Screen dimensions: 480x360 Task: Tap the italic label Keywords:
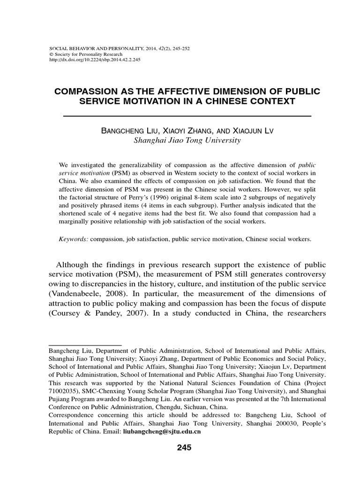click(x=74, y=239)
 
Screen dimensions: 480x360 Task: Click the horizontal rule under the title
click(x=187, y=115)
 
